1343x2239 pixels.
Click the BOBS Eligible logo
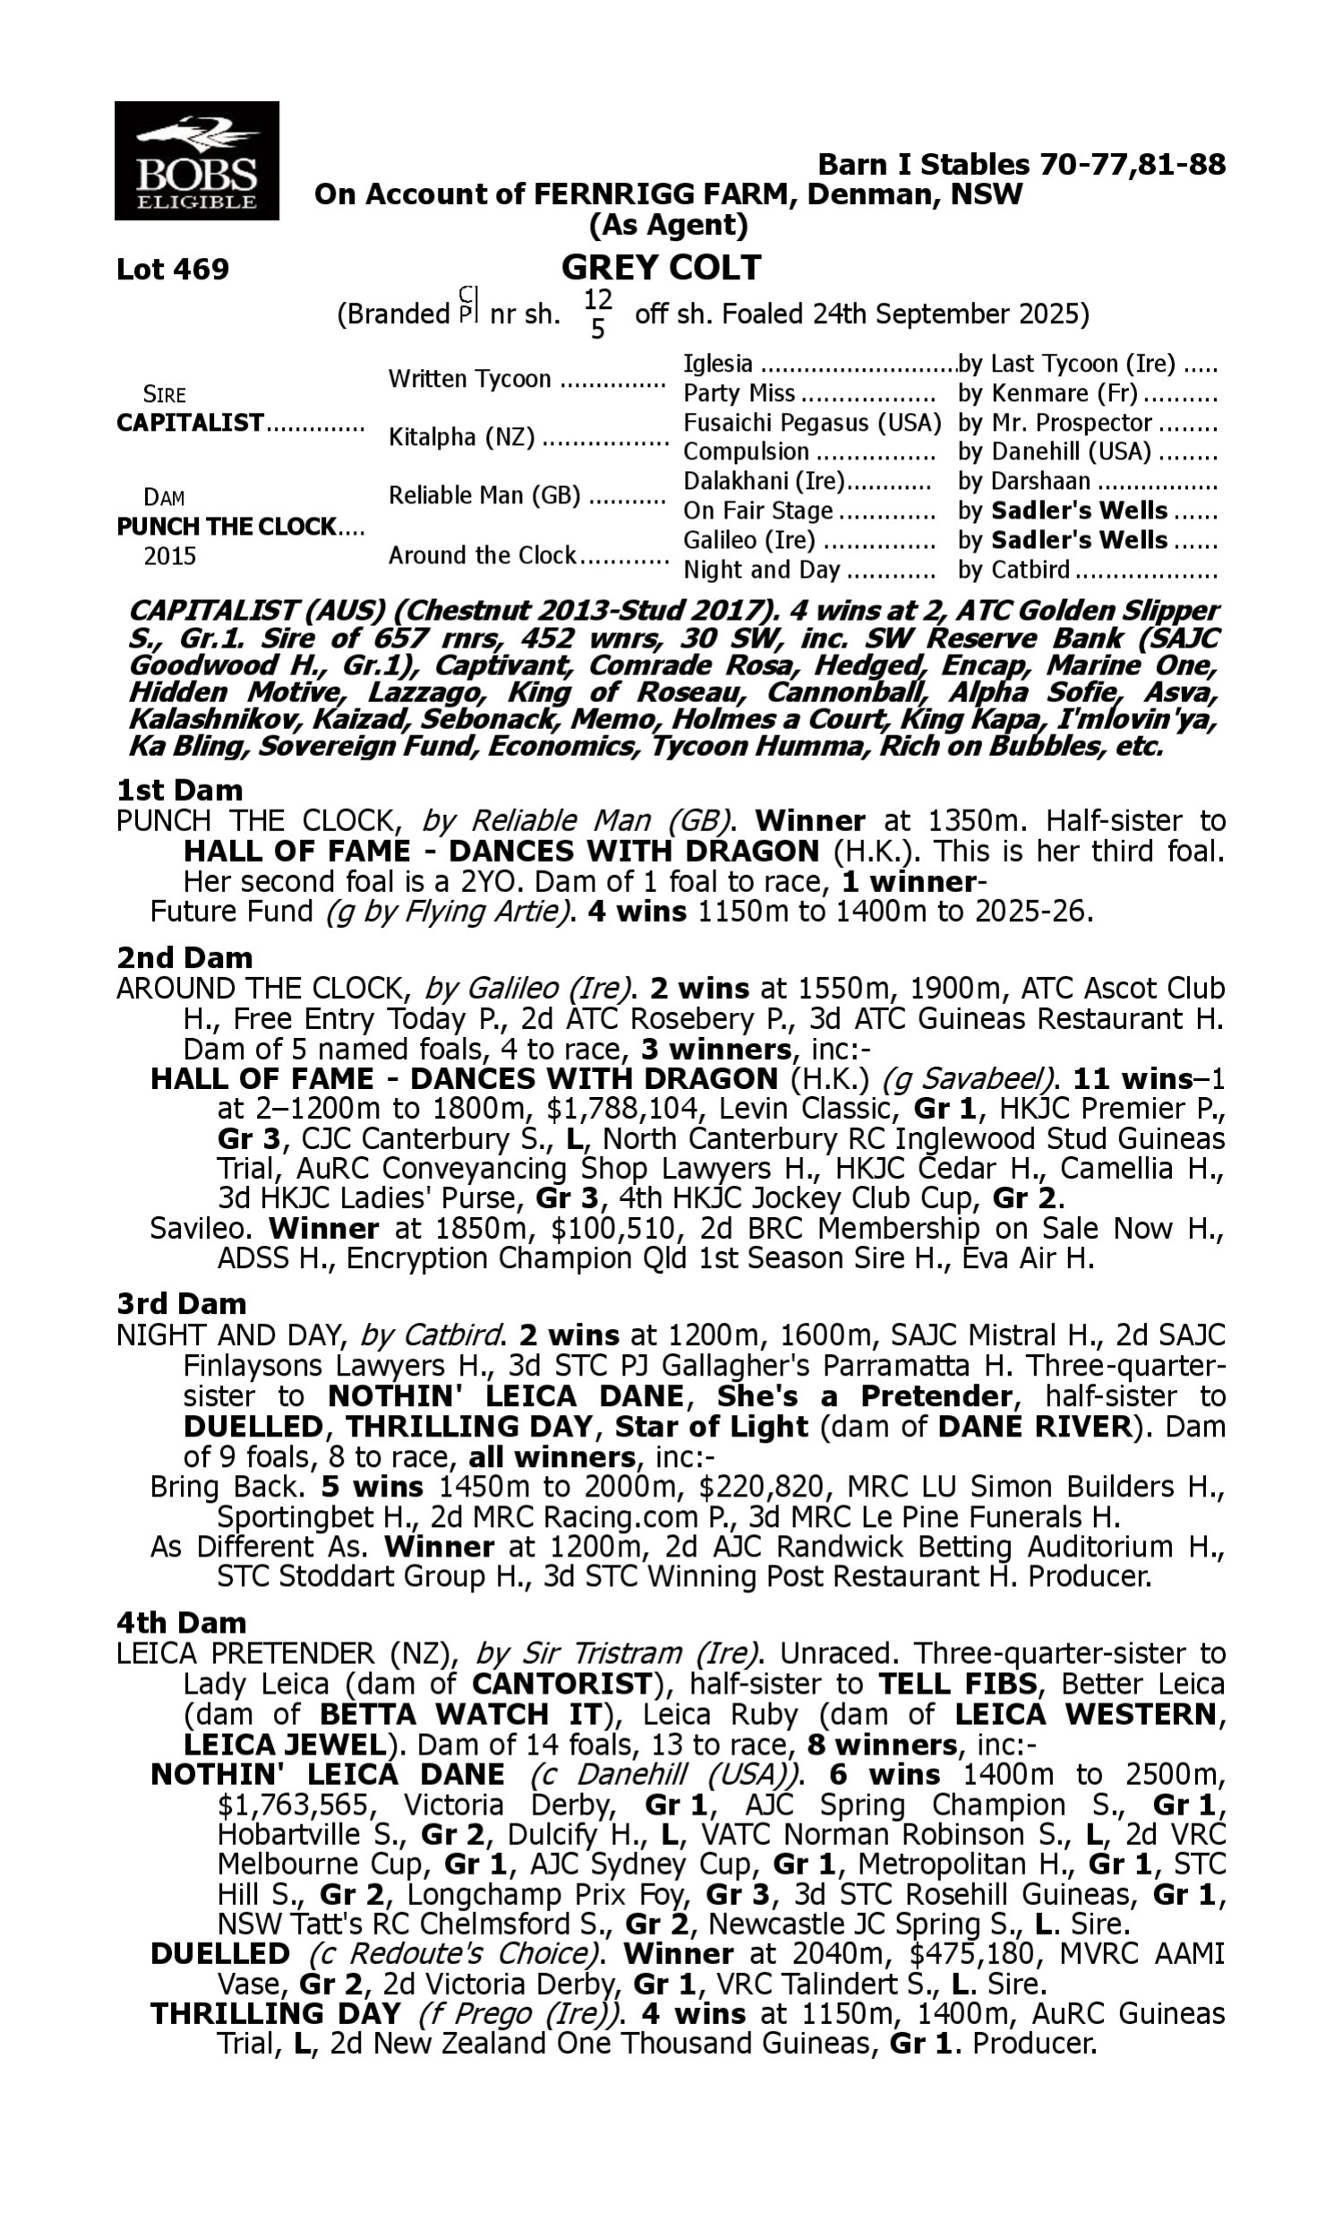(196, 161)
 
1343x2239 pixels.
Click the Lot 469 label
(173, 270)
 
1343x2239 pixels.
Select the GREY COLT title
(661, 268)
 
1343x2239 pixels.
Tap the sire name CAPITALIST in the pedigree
(190, 423)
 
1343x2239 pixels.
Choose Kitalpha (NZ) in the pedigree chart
(460, 437)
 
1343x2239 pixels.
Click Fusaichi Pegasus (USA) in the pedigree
(812, 423)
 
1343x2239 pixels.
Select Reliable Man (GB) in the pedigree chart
(484, 496)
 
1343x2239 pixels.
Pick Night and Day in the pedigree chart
(761, 570)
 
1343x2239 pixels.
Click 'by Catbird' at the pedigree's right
(1014, 570)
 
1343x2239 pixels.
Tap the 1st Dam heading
(180, 790)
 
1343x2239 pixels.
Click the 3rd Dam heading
(181, 1303)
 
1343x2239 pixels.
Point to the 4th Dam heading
(181, 1622)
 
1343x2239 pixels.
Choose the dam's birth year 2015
(170, 555)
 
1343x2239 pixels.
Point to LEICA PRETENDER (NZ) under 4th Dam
(283, 1652)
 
